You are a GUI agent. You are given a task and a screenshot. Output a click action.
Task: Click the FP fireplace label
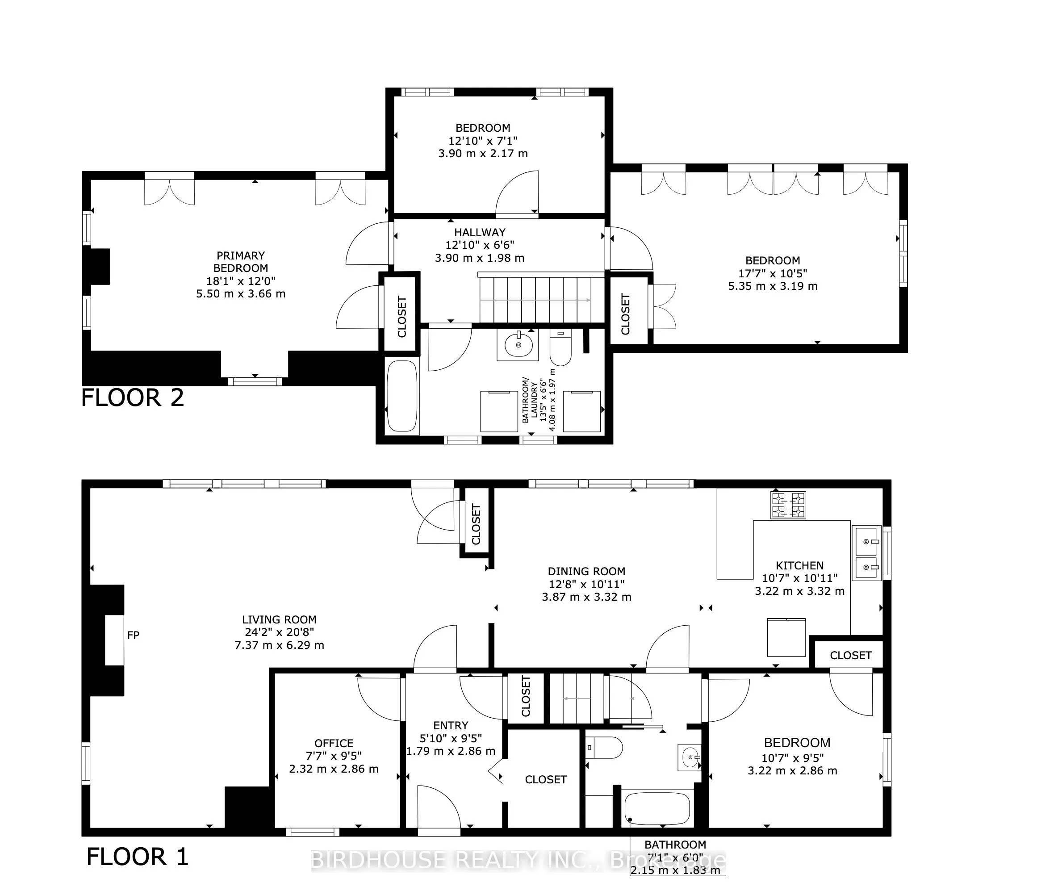pos(133,635)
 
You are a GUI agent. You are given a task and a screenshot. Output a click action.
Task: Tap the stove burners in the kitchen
pos(788,505)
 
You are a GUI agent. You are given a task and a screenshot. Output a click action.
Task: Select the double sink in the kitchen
pos(866,553)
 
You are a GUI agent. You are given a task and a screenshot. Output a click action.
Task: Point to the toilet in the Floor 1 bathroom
pos(605,748)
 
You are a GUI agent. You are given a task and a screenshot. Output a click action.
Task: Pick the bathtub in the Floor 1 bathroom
pos(656,809)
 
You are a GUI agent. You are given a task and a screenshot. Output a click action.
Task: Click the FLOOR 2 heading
pos(133,398)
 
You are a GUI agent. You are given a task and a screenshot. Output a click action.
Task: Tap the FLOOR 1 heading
pos(137,857)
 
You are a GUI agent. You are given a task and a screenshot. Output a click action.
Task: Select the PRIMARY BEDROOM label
pos(241,262)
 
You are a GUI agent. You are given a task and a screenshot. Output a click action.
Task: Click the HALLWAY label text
pos(480,232)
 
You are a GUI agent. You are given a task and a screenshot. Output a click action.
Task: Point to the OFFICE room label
pos(334,743)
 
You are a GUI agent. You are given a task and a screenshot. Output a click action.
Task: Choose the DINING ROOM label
pos(586,571)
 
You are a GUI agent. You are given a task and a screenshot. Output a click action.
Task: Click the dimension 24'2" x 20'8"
pos(279,632)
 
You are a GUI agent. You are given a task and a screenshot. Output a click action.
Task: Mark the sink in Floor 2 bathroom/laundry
pos(518,344)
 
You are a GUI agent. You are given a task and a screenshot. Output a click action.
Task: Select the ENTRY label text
pos(451,725)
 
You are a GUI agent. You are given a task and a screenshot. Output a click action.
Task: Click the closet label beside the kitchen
pos(850,655)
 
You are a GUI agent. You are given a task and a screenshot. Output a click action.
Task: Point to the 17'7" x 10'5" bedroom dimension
pos(772,273)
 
